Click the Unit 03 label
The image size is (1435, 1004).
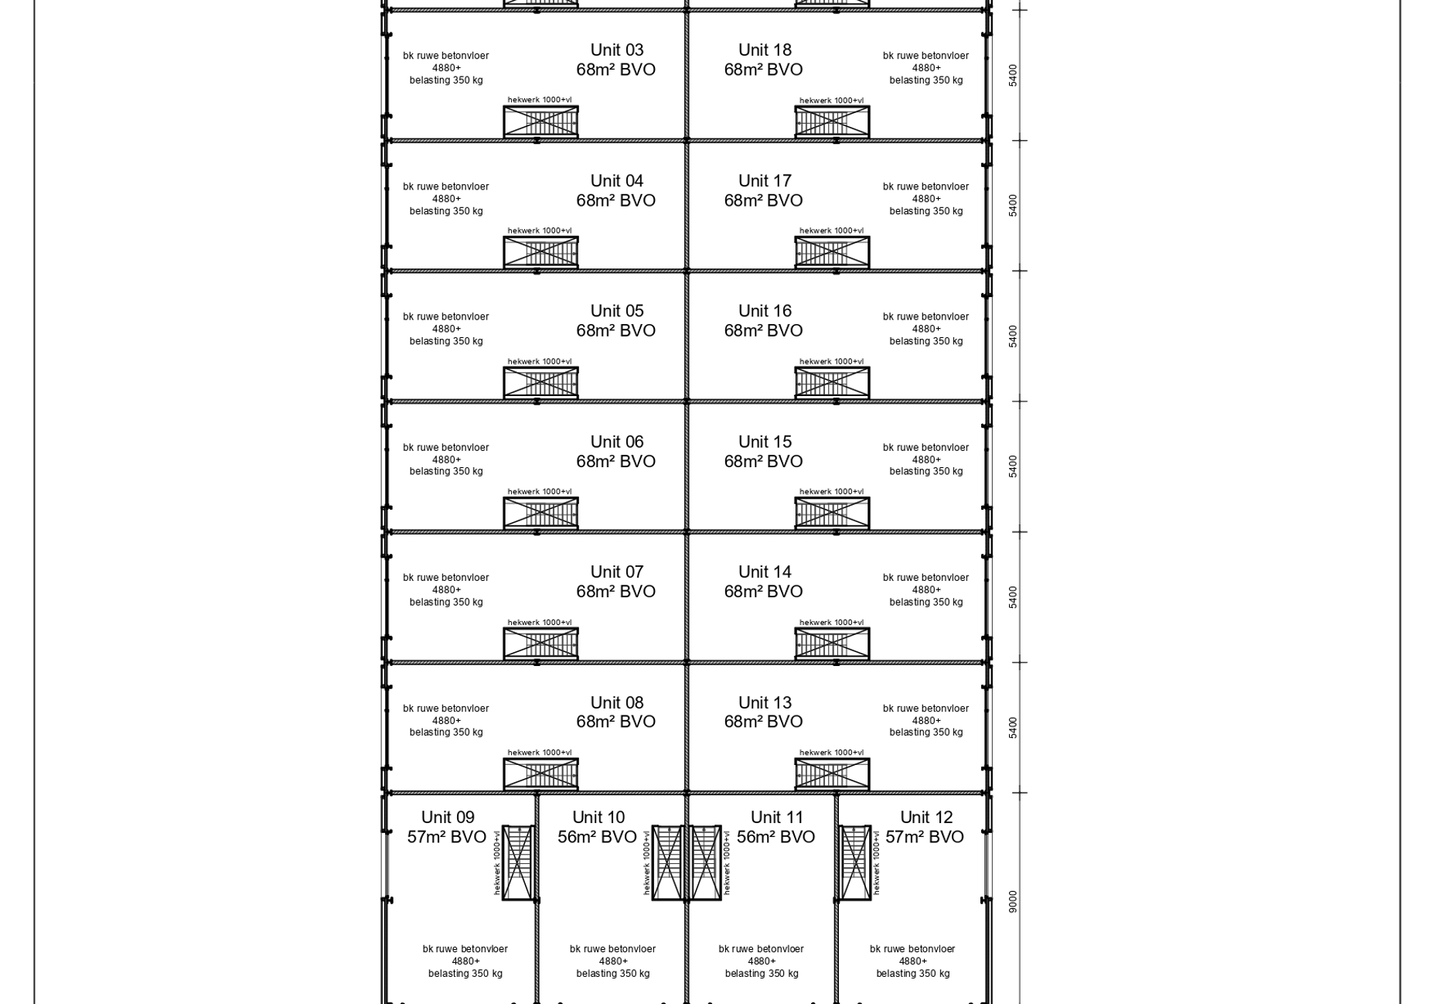tap(616, 50)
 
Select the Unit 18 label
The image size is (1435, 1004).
tap(765, 50)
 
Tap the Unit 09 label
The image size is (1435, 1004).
tap(448, 818)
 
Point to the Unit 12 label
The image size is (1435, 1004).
tap(926, 818)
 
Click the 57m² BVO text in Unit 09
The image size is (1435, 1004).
tap(447, 837)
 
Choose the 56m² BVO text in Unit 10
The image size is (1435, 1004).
tap(597, 837)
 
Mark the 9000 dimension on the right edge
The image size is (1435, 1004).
tap(1013, 901)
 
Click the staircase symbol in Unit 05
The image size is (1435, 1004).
tap(540, 382)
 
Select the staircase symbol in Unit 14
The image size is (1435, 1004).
tap(832, 644)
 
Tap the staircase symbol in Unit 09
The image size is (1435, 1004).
tap(518, 862)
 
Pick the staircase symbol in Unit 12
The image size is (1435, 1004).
tap(856, 862)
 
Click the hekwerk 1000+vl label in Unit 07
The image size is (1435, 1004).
tap(540, 623)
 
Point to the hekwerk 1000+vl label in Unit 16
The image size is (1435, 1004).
tap(831, 361)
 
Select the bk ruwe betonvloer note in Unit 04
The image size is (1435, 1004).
tap(446, 186)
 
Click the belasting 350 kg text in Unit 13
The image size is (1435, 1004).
tap(925, 733)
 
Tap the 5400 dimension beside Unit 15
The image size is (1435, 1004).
tap(1013, 466)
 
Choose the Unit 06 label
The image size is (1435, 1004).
tap(616, 442)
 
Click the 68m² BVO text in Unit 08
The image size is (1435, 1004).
tap(615, 722)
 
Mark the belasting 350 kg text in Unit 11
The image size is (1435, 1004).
tap(762, 974)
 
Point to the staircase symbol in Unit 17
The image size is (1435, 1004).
tap(832, 252)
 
